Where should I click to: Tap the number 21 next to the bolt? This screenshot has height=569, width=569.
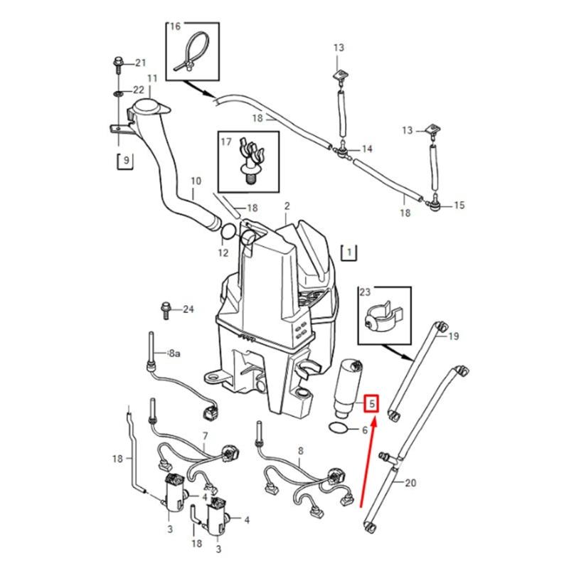pos(139,63)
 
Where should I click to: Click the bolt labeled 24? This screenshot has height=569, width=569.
pos(165,309)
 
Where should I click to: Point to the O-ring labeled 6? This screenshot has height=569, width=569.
pos(339,428)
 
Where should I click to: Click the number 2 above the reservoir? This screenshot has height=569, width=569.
pos(287,206)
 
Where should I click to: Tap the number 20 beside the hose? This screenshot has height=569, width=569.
pos(410,483)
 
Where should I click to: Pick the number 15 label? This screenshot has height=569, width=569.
pos(459,206)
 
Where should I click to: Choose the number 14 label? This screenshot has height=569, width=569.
pos(367,149)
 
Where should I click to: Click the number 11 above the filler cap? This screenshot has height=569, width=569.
pos(151,78)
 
